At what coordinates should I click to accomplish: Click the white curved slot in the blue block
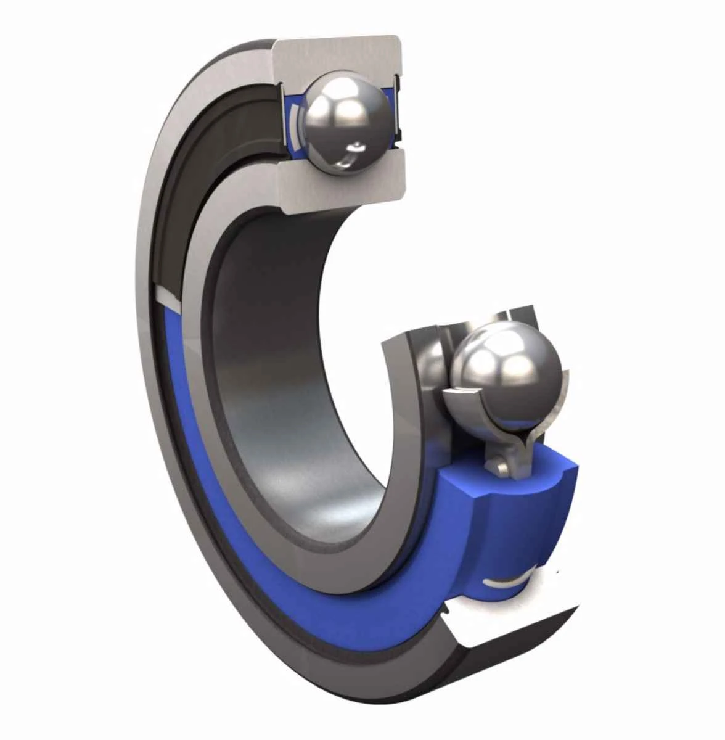click(506, 583)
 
